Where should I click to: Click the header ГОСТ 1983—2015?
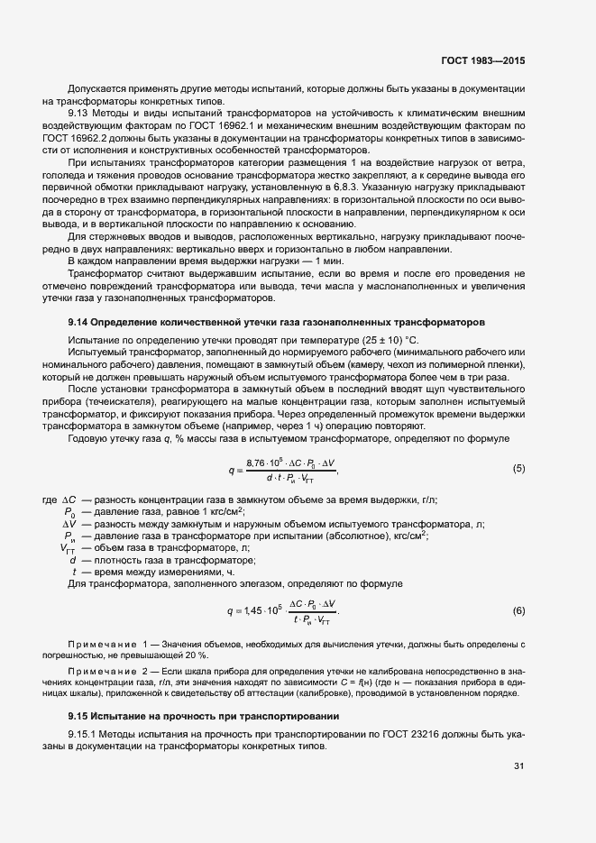[x=482, y=61]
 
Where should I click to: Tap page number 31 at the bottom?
[x=518, y=767]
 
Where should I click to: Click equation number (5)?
[x=518, y=468]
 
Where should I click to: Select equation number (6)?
[x=518, y=611]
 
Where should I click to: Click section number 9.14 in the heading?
[x=78, y=322]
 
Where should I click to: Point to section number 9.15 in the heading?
[x=78, y=716]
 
